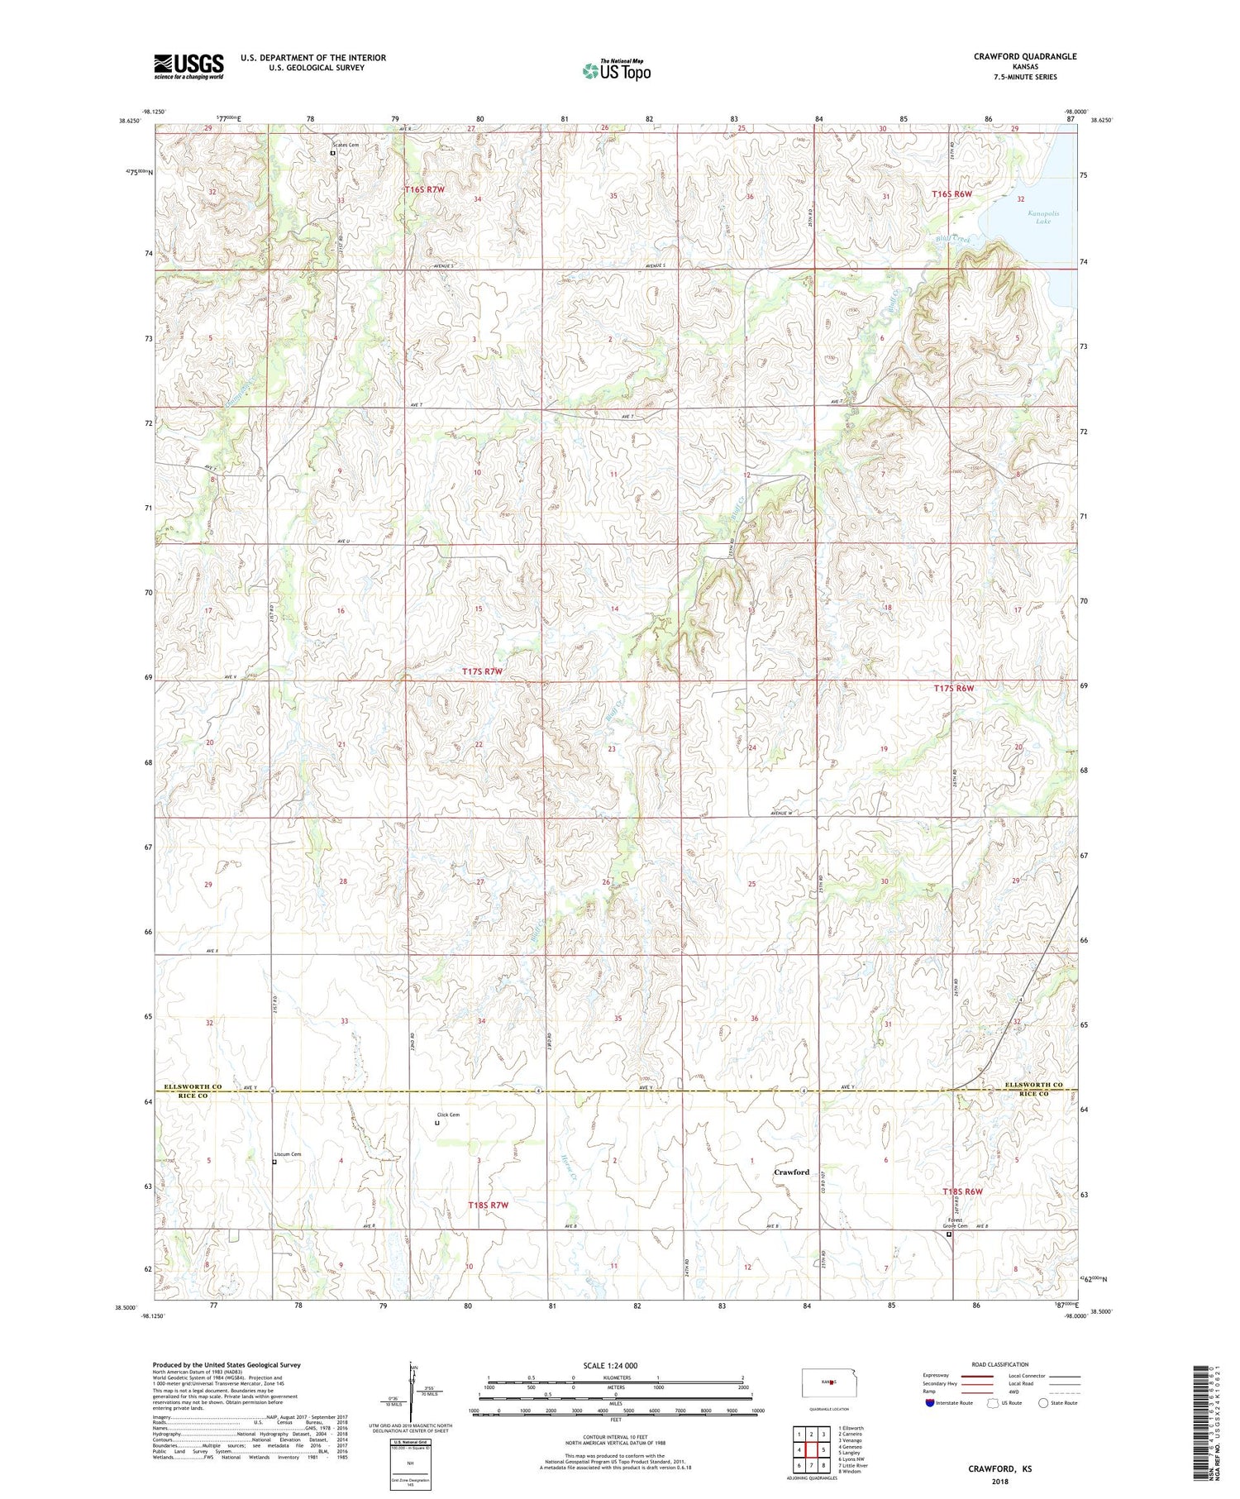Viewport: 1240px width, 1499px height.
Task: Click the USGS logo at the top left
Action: pyautogui.click(x=188, y=66)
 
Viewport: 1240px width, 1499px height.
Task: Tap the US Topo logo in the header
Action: pyautogui.click(x=616, y=71)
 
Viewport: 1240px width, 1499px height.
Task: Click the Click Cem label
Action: pyautogui.click(x=448, y=1115)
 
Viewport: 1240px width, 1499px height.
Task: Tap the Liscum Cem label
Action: pyautogui.click(x=288, y=1154)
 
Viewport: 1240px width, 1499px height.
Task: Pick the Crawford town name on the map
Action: pyautogui.click(x=791, y=1172)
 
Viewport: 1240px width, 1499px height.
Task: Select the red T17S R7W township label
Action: pyautogui.click(x=482, y=671)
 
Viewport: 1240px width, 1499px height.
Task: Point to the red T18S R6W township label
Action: pyautogui.click(x=963, y=1191)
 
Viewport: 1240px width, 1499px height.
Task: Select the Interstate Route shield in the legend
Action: pyautogui.click(x=929, y=1403)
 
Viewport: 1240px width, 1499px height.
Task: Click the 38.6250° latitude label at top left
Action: pyautogui.click(x=130, y=121)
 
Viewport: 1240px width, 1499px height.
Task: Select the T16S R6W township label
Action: pyautogui.click(x=952, y=194)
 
